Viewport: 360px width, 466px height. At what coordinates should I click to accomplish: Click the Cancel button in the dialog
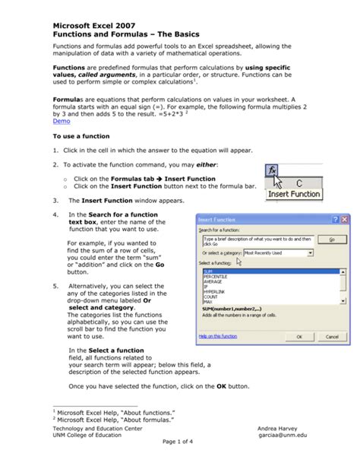click(332, 337)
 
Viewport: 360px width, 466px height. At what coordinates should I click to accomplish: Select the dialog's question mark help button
click(335, 219)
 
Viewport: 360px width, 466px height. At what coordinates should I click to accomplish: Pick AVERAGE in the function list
click(213, 281)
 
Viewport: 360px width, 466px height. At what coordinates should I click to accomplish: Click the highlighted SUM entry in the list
click(208, 271)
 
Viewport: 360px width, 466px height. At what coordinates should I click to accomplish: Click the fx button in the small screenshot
click(271, 169)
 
